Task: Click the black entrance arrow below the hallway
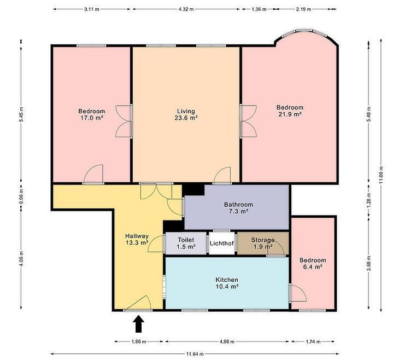point(138,324)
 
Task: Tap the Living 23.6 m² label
point(186,114)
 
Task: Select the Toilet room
point(186,243)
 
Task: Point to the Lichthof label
point(222,243)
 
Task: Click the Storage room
point(263,243)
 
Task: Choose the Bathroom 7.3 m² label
point(238,208)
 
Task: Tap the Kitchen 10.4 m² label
point(227,283)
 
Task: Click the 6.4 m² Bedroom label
point(313,264)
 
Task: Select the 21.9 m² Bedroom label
point(290,111)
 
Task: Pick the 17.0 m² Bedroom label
point(92,114)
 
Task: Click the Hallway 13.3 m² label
point(137,239)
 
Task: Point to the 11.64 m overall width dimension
point(195,354)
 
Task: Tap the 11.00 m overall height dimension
point(381,175)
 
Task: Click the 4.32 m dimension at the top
point(186,9)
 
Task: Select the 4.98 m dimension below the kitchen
point(227,341)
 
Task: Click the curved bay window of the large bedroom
point(306,32)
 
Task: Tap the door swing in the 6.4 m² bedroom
point(298,293)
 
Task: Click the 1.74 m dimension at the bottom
point(313,341)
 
